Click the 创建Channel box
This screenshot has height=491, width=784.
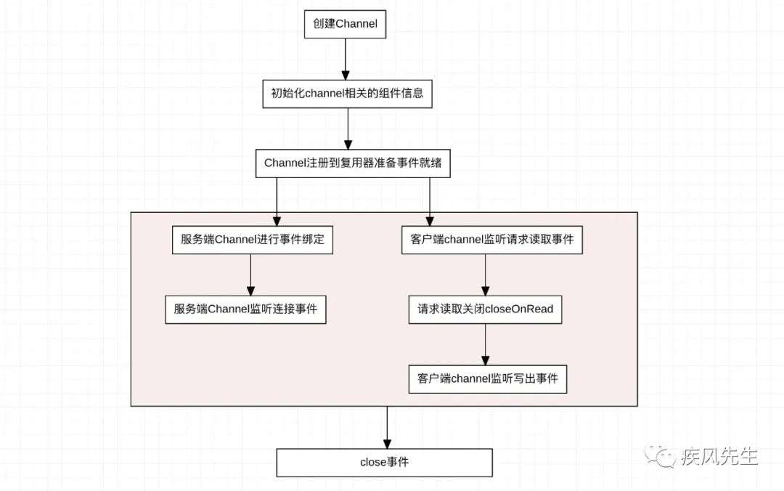tap(345, 24)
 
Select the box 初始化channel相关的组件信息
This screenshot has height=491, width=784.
tap(348, 94)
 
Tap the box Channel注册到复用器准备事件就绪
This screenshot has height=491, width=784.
tap(353, 163)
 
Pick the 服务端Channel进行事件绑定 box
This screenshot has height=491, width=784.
tap(253, 240)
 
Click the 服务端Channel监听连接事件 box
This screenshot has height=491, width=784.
tap(245, 309)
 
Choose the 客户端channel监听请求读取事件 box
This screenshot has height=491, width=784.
tap(492, 240)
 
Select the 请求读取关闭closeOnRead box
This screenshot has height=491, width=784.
tap(485, 309)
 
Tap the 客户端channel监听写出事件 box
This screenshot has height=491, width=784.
tap(488, 379)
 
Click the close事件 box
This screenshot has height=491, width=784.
tap(385, 463)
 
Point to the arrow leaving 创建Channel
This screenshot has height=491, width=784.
tap(346, 59)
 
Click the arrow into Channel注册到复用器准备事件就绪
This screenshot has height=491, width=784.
tap(348, 129)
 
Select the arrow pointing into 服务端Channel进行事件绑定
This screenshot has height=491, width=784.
tap(277, 202)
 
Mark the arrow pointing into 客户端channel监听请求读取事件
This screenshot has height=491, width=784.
tap(430, 202)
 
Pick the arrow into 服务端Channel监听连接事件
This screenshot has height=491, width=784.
tap(251, 275)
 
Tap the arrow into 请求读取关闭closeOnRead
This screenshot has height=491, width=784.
tap(485, 275)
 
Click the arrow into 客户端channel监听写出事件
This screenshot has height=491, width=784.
tap(485, 344)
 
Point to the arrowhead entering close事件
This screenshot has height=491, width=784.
tap(387, 444)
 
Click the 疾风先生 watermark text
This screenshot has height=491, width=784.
tap(719, 456)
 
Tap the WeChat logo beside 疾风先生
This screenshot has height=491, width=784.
tap(660, 455)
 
